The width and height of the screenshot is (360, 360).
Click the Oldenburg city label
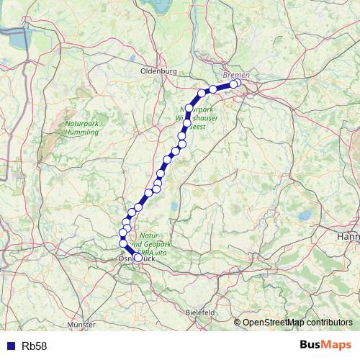(x=158, y=71)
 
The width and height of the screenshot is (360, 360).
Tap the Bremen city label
(x=236, y=75)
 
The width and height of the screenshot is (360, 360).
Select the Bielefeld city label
(x=200, y=312)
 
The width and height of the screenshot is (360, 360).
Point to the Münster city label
(x=81, y=325)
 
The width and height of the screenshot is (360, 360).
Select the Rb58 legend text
(x=35, y=346)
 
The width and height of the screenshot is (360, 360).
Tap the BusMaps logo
(x=325, y=346)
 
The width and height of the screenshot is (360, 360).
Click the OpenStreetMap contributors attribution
(x=297, y=322)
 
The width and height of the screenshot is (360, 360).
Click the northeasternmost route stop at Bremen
(x=237, y=84)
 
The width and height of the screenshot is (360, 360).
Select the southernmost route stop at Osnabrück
(x=138, y=257)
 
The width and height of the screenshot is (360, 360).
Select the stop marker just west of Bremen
(x=213, y=89)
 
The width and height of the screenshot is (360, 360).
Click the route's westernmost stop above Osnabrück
(x=122, y=233)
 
